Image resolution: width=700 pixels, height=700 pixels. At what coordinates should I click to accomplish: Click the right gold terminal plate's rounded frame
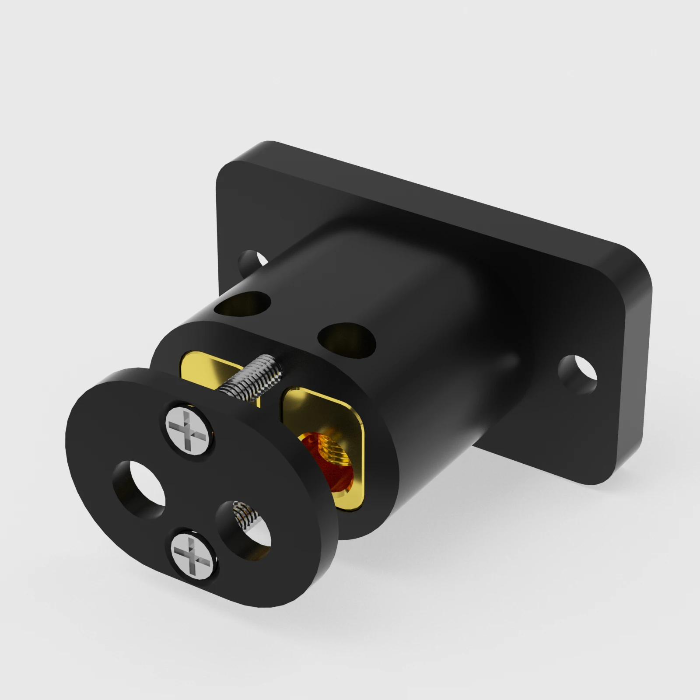[326, 405]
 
